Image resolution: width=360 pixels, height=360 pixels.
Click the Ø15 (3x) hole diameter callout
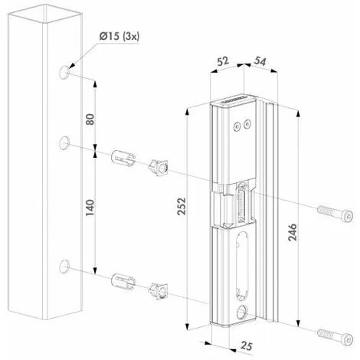click(x=119, y=36)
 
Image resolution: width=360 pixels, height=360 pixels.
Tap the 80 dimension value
click(x=90, y=119)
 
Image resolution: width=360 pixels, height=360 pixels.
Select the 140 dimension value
click(x=90, y=208)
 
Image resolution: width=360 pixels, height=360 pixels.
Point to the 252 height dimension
click(x=182, y=206)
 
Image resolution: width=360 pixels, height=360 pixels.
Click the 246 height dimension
click(x=293, y=232)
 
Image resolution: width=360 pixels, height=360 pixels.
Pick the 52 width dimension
click(x=223, y=61)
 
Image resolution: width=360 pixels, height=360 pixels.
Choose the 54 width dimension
click(x=260, y=61)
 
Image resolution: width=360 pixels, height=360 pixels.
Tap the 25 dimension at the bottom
click(x=247, y=346)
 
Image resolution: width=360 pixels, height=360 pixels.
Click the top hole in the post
click(x=64, y=72)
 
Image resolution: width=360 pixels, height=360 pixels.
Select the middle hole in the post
click(x=64, y=143)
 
